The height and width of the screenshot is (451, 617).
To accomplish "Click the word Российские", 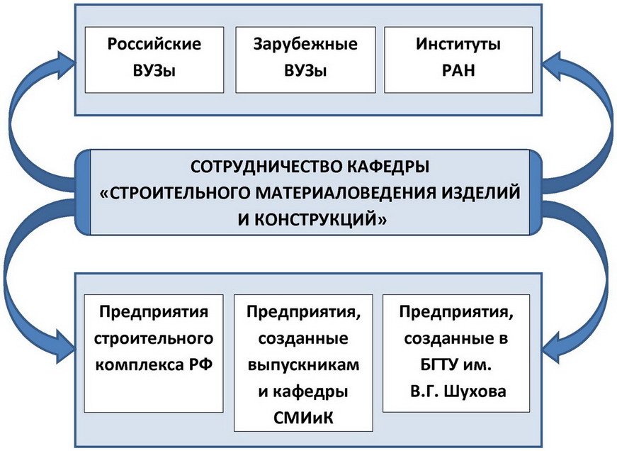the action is [x=154, y=44].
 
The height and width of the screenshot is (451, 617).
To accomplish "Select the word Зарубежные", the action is [x=305, y=44].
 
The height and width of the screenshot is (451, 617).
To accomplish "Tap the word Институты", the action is [x=458, y=44].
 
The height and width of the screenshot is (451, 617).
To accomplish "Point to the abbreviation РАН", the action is [x=458, y=70].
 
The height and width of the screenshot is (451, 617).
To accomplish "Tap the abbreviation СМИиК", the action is [x=303, y=418].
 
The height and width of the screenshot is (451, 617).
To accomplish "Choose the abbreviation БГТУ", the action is [x=438, y=365].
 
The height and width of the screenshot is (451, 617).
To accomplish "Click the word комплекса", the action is [x=140, y=365].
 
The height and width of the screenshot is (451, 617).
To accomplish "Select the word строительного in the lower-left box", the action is [x=154, y=339].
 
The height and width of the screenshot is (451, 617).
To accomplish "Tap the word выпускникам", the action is [x=303, y=365].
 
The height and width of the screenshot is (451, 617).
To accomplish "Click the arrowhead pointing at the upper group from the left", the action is [x=66, y=62].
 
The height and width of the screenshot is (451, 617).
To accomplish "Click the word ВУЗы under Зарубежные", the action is [x=305, y=71].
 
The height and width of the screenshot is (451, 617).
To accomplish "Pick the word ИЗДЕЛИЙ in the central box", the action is [x=480, y=193].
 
